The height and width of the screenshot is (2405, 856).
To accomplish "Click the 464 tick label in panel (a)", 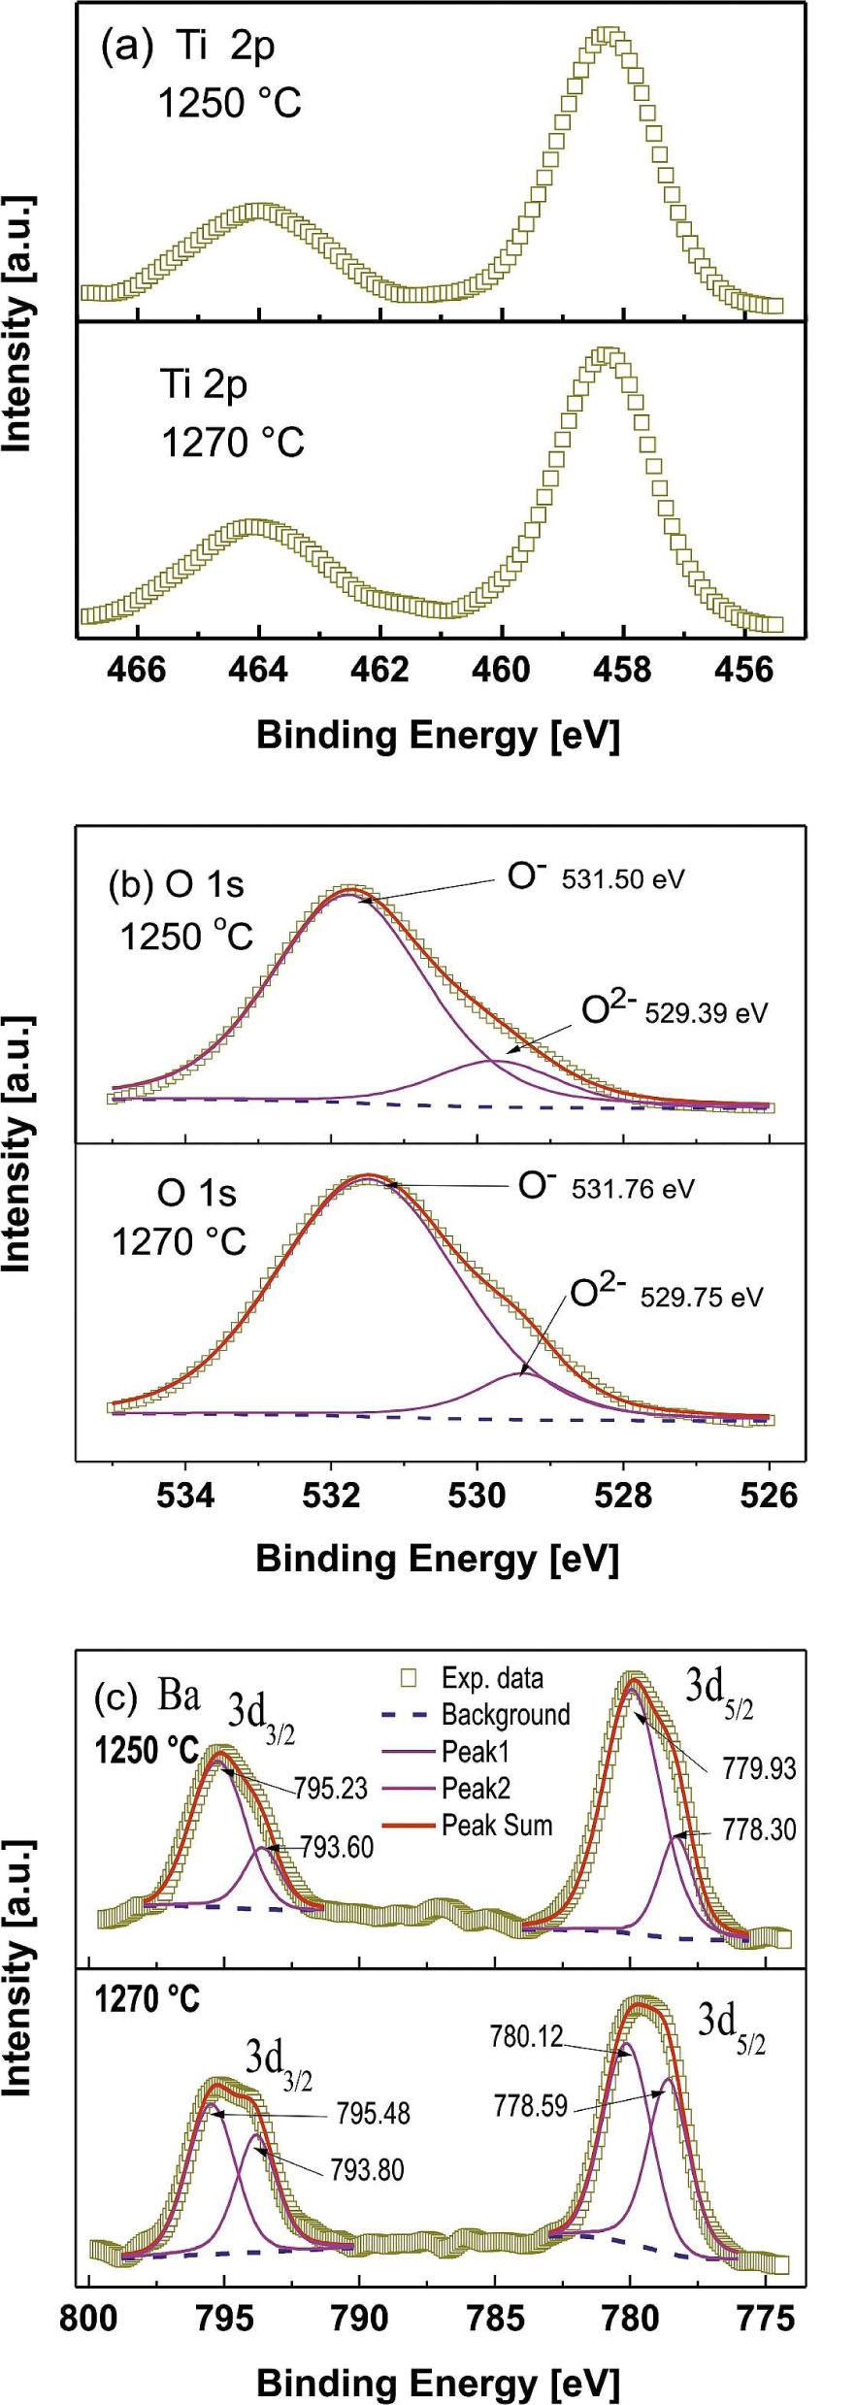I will [258, 671].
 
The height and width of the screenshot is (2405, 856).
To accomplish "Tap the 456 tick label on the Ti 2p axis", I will [743, 671].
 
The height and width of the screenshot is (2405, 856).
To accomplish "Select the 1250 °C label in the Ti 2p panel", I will [230, 102].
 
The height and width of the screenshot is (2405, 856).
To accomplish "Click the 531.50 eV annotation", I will [623, 879].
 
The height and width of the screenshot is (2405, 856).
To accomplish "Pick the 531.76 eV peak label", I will [633, 1189].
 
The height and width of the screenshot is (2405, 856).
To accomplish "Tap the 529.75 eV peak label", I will [702, 1298].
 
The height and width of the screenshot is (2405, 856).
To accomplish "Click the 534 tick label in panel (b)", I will [185, 1496].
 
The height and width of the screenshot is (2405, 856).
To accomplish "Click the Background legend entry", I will [505, 1715].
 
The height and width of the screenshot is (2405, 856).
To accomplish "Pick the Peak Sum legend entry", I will [496, 1826].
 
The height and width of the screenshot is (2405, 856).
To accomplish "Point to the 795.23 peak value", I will [331, 1789].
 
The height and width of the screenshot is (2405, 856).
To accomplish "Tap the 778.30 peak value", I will [759, 1830].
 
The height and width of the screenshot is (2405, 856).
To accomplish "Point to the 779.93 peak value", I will [759, 1768].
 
